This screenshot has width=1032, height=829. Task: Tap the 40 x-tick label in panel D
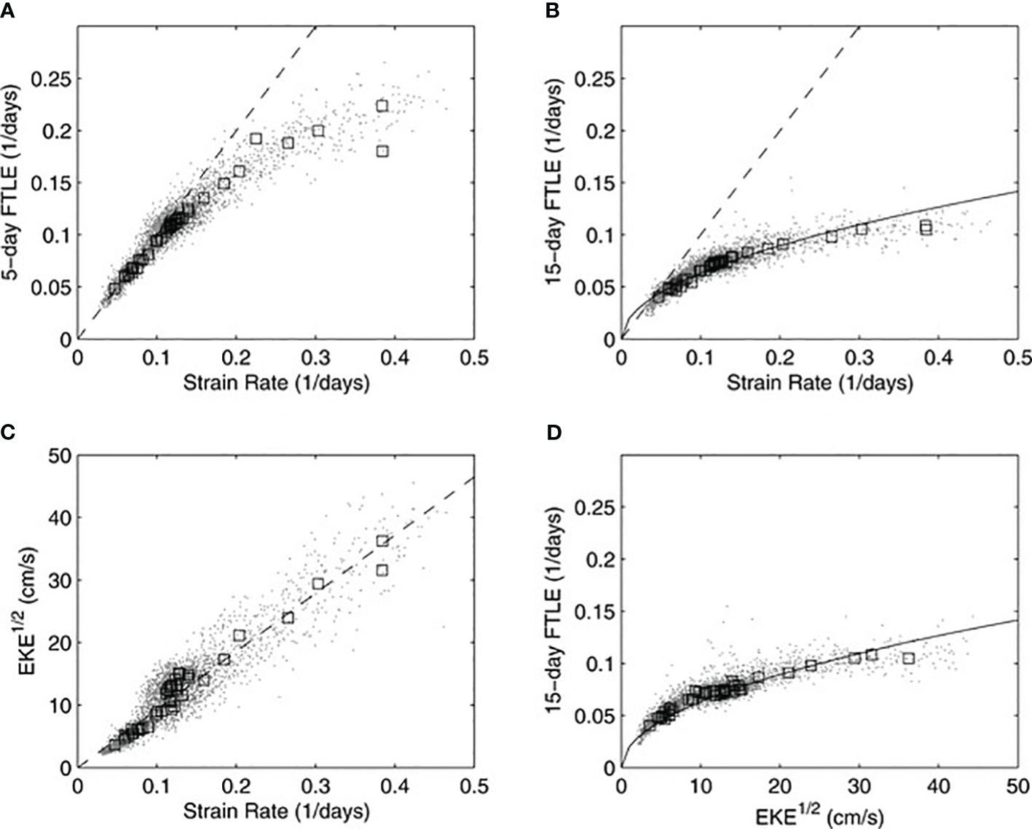[938, 787]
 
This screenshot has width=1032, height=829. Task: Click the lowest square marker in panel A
[114, 288]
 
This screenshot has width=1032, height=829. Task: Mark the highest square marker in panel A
[382, 106]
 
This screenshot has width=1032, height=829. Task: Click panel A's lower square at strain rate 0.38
[382, 151]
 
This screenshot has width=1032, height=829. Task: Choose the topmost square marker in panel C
[382, 541]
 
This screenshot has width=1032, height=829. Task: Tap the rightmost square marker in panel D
[908, 658]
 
